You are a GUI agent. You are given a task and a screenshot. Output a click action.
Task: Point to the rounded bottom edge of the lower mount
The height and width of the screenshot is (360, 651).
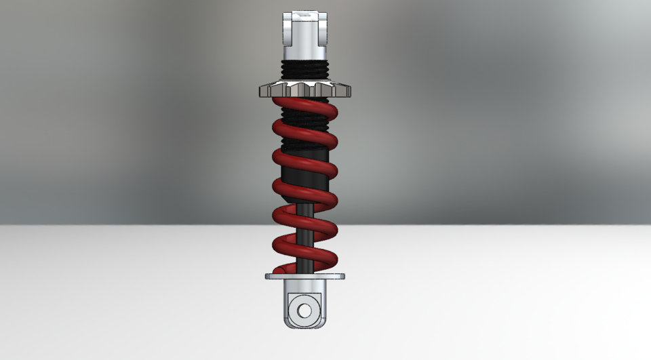(x=304, y=327)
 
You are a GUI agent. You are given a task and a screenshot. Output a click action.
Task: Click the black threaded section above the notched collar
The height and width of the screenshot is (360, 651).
(x=304, y=70)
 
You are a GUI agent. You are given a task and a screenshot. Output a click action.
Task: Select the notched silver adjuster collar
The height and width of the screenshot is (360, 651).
(x=304, y=89)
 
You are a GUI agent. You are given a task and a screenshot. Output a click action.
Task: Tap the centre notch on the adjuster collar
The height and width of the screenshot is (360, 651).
(x=304, y=87)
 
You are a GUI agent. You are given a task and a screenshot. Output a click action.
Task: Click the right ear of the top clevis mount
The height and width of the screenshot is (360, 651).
(x=321, y=27)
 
